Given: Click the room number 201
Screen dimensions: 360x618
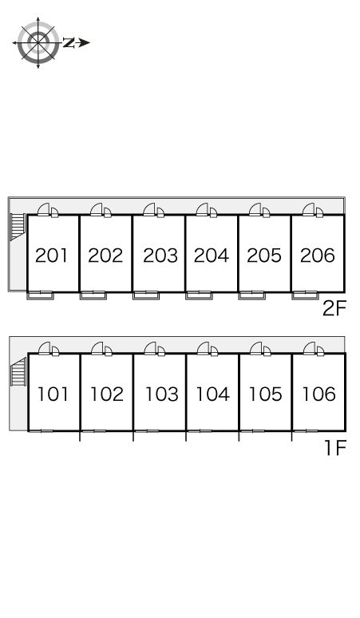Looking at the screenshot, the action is (x=51, y=255).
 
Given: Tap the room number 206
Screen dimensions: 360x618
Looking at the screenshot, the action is (x=318, y=255).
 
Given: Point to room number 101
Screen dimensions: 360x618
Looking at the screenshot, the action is (x=53, y=394).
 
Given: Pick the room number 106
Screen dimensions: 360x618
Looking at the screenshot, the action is (x=319, y=394).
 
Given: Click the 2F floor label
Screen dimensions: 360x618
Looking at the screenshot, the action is (x=334, y=309).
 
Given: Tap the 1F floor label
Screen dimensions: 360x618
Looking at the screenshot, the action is (x=334, y=447).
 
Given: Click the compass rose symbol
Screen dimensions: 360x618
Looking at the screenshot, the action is (x=38, y=42).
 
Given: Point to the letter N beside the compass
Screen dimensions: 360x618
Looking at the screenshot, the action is (x=69, y=42).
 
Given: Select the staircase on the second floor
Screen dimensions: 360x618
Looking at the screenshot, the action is (x=17, y=227).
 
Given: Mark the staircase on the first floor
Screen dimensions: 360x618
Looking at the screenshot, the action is (x=18, y=371).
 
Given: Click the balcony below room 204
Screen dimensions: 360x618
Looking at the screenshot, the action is (x=199, y=295).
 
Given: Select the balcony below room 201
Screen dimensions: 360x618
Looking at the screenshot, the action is (x=40, y=295).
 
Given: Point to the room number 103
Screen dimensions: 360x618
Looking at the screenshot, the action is (x=162, y=394).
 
